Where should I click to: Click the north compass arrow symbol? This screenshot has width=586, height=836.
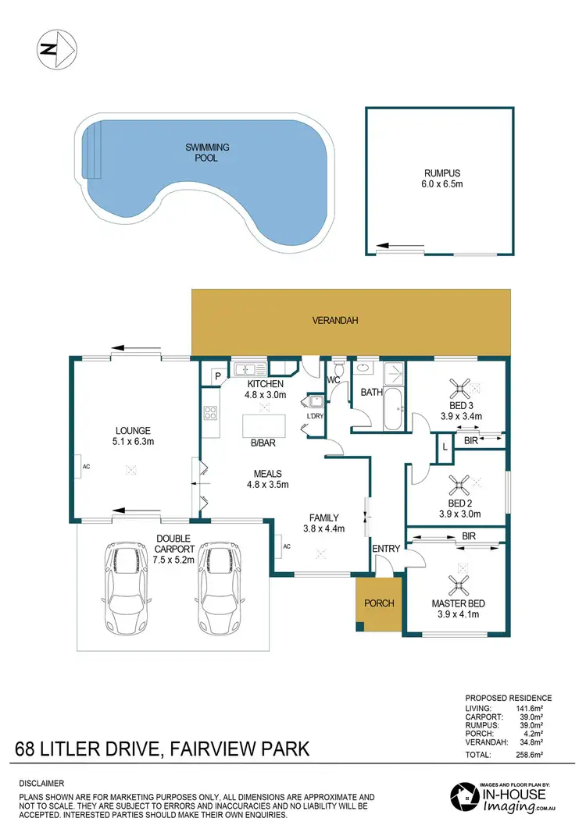click(x=56, y=49)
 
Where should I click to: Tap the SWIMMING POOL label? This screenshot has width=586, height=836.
click(x=202, y=152)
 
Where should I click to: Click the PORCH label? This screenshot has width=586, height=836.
click(x=380, y=603)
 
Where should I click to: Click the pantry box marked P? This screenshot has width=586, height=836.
click(x=216, y=375)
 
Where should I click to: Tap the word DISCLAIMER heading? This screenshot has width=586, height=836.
click(x=41, y=783)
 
